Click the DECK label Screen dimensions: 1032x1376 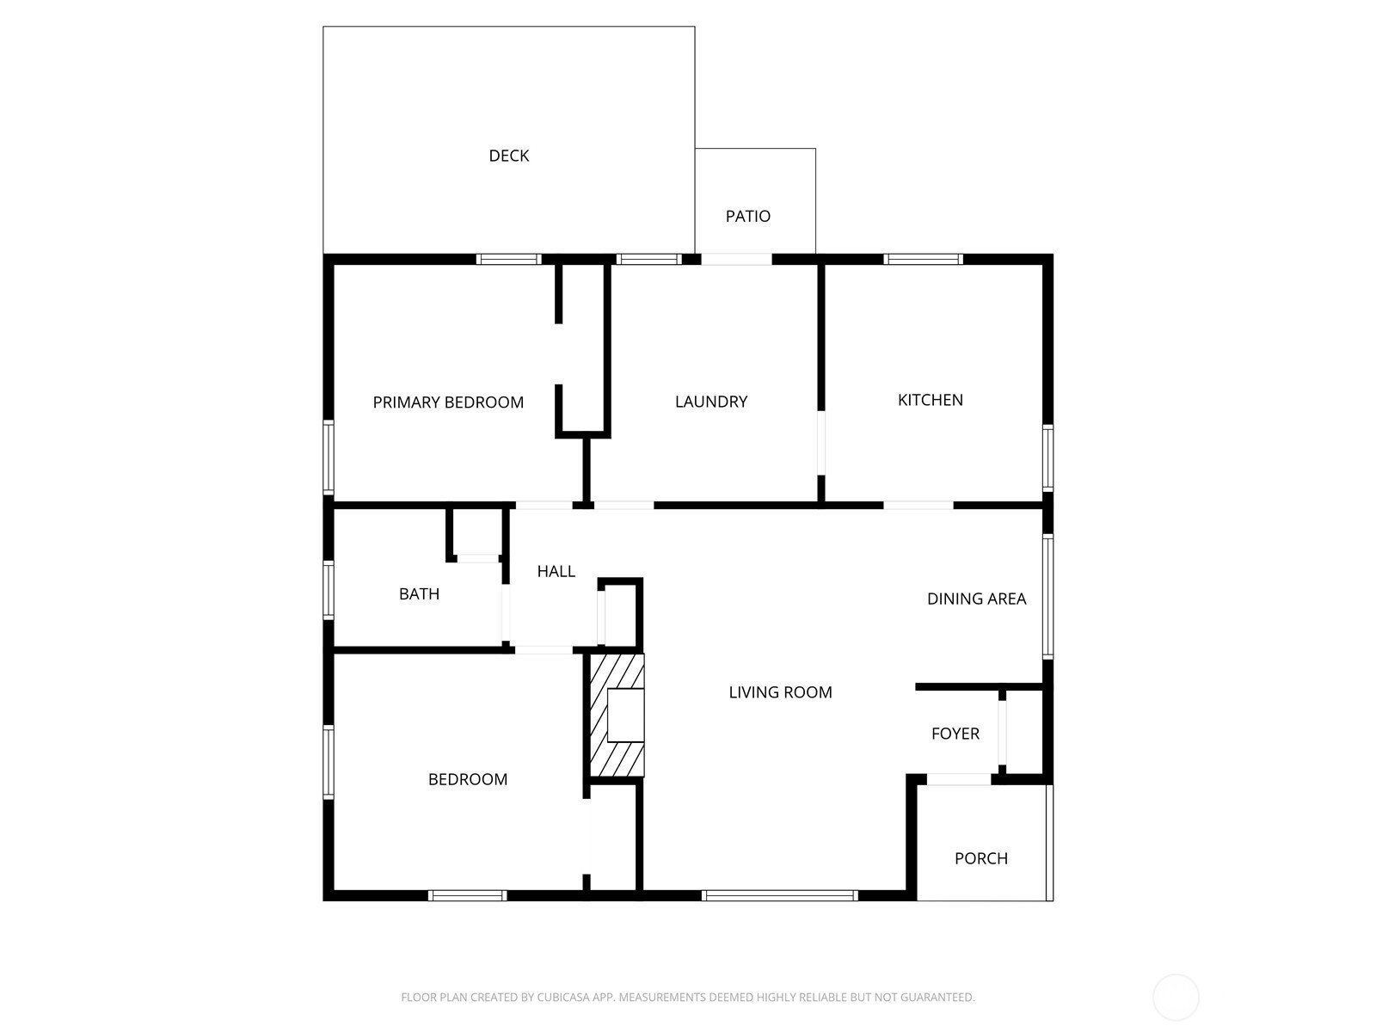508,156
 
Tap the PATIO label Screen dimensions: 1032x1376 747,216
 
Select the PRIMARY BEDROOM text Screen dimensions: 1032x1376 448,402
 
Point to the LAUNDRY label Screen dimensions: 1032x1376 710,401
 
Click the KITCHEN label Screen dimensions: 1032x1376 930,399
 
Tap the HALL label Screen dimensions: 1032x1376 556,571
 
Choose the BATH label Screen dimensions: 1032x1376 419,593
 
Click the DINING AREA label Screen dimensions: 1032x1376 976,599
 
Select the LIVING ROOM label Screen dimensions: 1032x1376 780,692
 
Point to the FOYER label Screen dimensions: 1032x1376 955,734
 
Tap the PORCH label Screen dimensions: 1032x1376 980,858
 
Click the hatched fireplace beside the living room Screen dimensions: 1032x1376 616,716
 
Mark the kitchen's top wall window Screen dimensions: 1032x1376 923,259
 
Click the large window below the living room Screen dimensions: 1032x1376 779,895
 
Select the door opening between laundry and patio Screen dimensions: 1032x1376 736,259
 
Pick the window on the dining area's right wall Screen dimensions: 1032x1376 1047,596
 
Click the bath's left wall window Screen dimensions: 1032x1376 329,589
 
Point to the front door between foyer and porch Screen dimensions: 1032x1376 958,779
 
